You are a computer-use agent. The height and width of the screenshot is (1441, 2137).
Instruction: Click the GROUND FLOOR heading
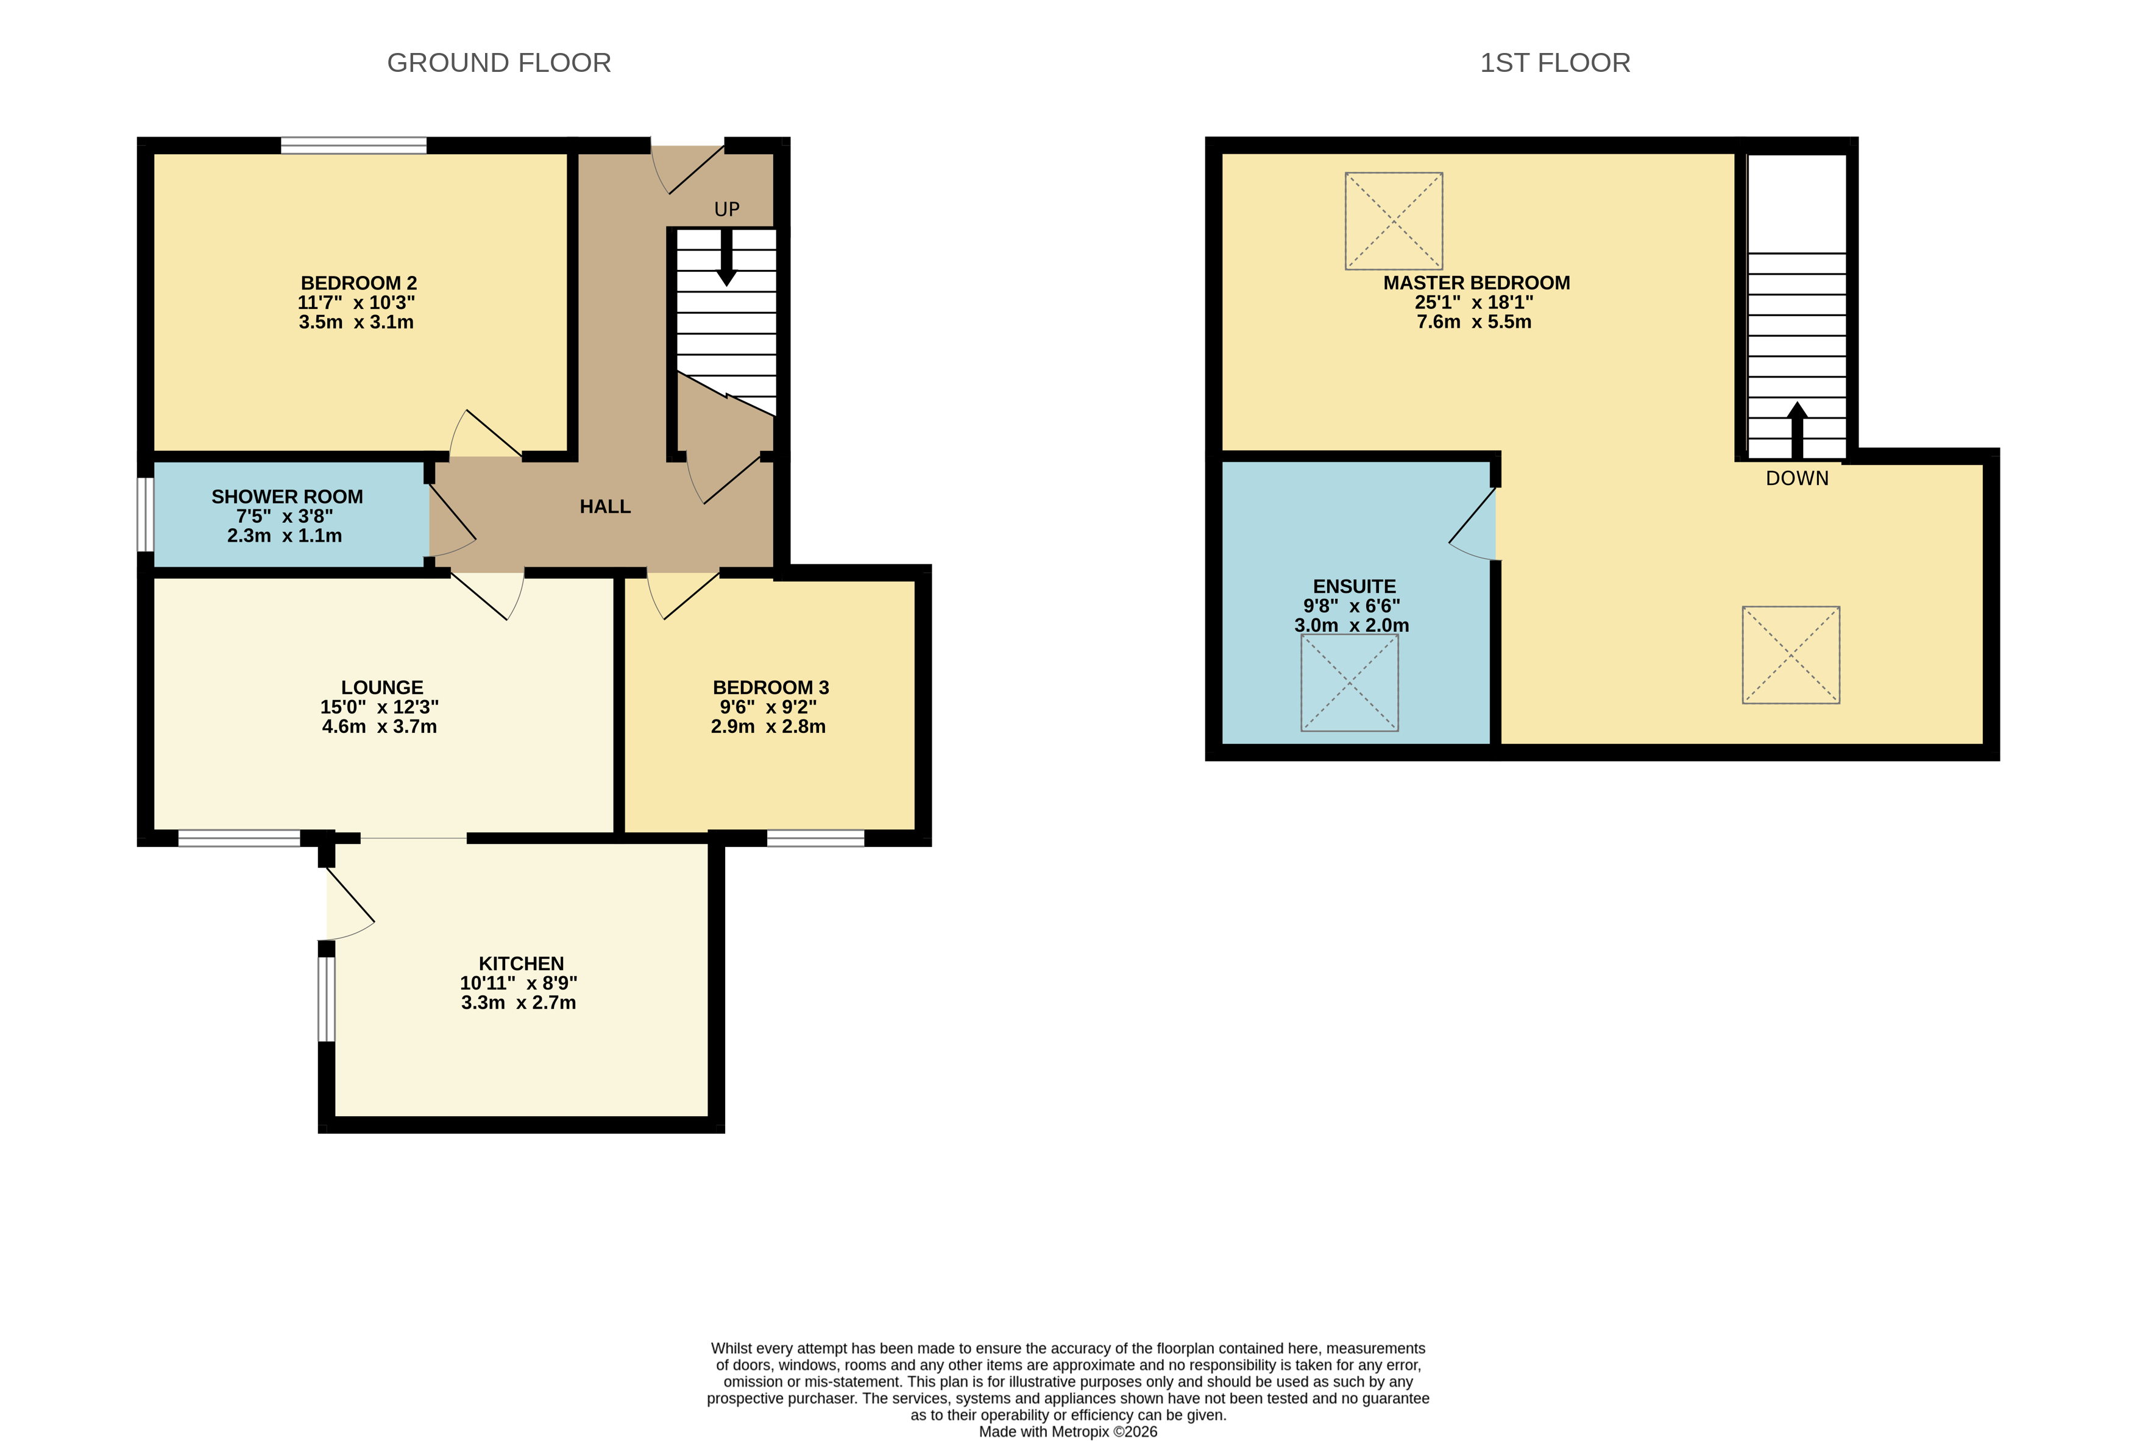[498, 63]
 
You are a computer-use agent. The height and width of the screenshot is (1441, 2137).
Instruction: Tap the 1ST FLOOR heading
[1554, 63]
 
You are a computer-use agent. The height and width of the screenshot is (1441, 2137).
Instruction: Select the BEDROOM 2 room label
[358, 283]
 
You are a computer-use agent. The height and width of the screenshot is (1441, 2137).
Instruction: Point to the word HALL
[605, 506]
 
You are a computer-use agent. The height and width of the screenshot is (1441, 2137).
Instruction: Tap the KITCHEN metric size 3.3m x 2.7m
[519, 1003]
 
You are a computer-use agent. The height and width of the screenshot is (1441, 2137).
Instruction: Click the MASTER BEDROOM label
[1476, 283]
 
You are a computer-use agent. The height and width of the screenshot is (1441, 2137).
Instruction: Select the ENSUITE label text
[1354, 586]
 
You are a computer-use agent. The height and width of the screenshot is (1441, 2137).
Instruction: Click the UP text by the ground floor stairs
[726, 210]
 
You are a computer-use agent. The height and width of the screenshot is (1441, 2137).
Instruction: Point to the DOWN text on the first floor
[1797, 478]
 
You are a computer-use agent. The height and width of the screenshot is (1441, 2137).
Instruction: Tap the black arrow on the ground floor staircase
[726, 257]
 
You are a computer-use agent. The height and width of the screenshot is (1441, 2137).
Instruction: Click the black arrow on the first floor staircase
[1797, 430]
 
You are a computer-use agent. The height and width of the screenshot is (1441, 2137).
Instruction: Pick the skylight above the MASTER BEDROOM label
[1394, 221]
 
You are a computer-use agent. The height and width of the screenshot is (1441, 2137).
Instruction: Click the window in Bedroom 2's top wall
[354, 145]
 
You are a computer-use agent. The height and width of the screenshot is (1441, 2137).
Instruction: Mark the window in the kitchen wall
[326, 999]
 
